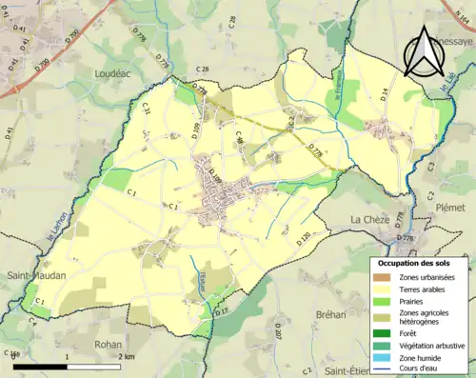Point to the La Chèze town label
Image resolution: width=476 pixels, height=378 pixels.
(369, 219)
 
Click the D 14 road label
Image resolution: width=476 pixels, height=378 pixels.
(386, 92)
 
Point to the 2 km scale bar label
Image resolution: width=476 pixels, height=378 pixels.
(127, 354)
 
